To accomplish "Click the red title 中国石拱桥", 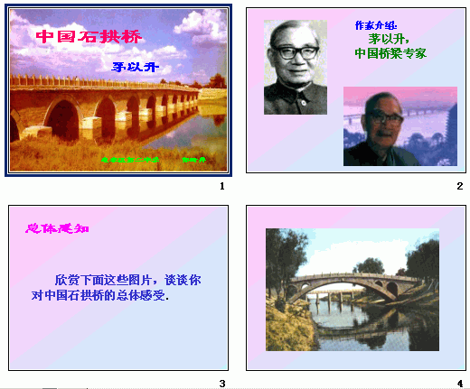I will point(89,38).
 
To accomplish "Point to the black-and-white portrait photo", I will point(295,68).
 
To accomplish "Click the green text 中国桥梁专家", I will point(390,53).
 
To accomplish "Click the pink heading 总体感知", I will point(57,228).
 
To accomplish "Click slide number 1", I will point(221,186).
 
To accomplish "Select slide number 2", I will point(459,186).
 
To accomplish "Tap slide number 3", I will point(221,383).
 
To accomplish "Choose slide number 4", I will point(459,383).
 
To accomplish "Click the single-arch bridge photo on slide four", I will point(352,289).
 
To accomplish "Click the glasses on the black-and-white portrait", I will point(295,52).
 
